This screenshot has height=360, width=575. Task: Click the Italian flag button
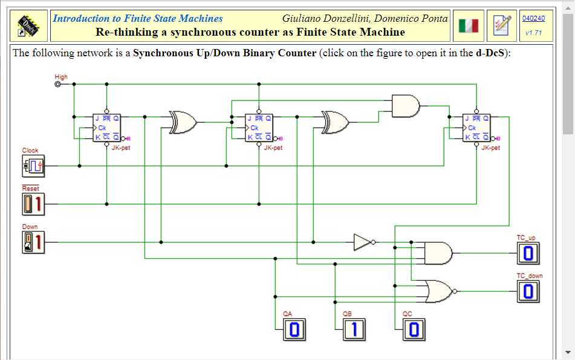[468, 25]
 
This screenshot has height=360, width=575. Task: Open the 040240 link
[533, 18]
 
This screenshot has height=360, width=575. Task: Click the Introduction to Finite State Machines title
[138, 18]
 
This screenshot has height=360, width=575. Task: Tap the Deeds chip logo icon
[30, 25]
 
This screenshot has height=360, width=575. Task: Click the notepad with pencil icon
[501, 25]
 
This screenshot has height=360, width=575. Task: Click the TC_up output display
[528, 254]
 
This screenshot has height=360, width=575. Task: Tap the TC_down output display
[528, 292]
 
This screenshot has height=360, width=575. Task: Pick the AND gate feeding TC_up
[438, 253]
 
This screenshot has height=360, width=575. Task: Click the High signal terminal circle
[58, 85]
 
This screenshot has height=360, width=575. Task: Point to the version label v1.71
[533, 33]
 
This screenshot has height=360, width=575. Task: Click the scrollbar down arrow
[568, 352]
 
